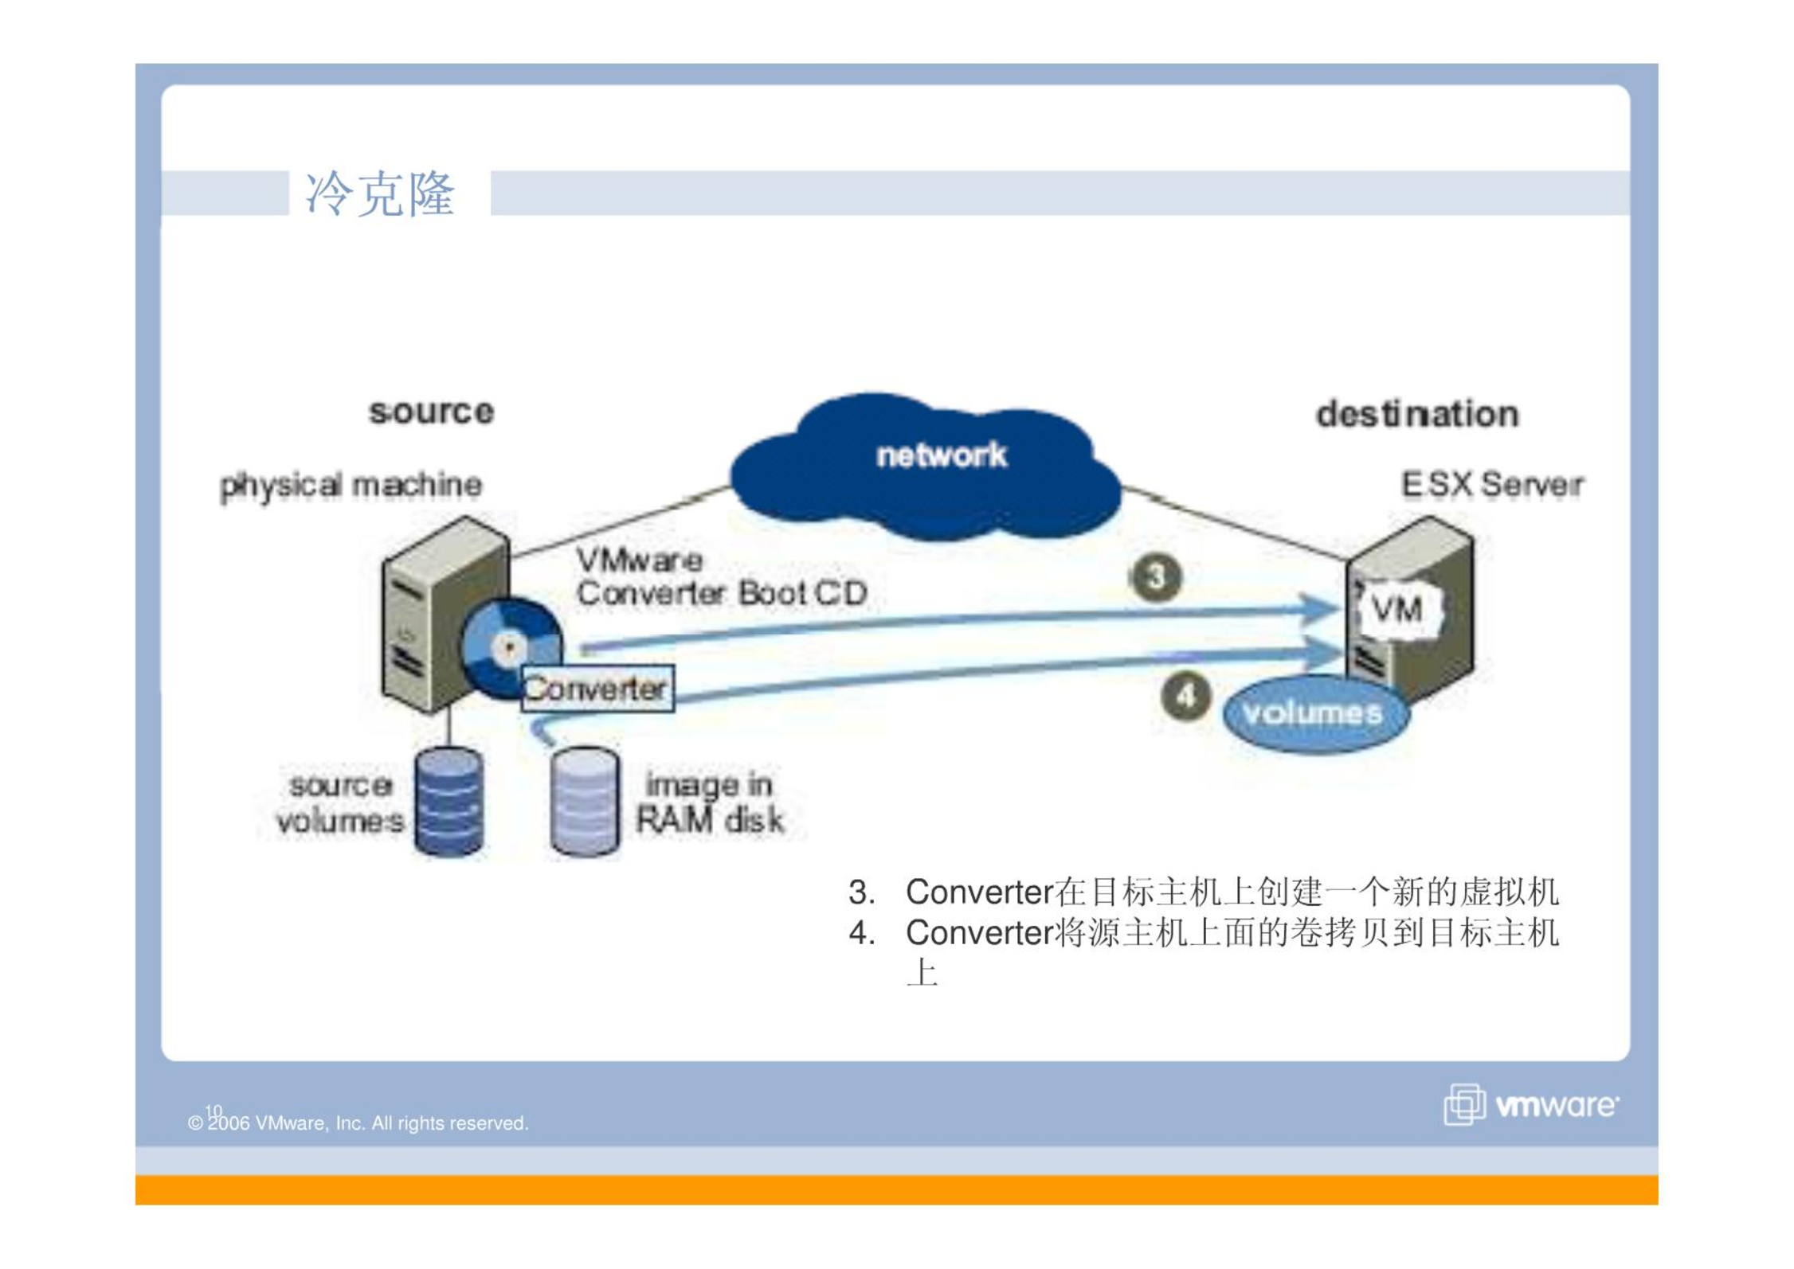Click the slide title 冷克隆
(x=379, y=193)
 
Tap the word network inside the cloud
(x=941, y=455)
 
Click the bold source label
(x=431, y=412)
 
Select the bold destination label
(x=1416, y=414)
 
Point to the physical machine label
(x=351, y=486)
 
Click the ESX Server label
(x=1491, y=484)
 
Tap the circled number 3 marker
(x=1155, y=577)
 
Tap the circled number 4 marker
(x=1185, y=697)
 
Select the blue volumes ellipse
(x=1315, y=713)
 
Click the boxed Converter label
(x=597, y=688)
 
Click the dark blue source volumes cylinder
(x=448, y=801)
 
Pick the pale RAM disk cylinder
(x=584, y=801)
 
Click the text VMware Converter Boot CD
(x=721, y=577)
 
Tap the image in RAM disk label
(x=709, y=803)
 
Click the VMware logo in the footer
(x=1530, y=1104)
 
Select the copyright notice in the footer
(x=358, y=1123)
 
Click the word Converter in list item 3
(x=979, y=892)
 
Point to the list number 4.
(x=861, y=932)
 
